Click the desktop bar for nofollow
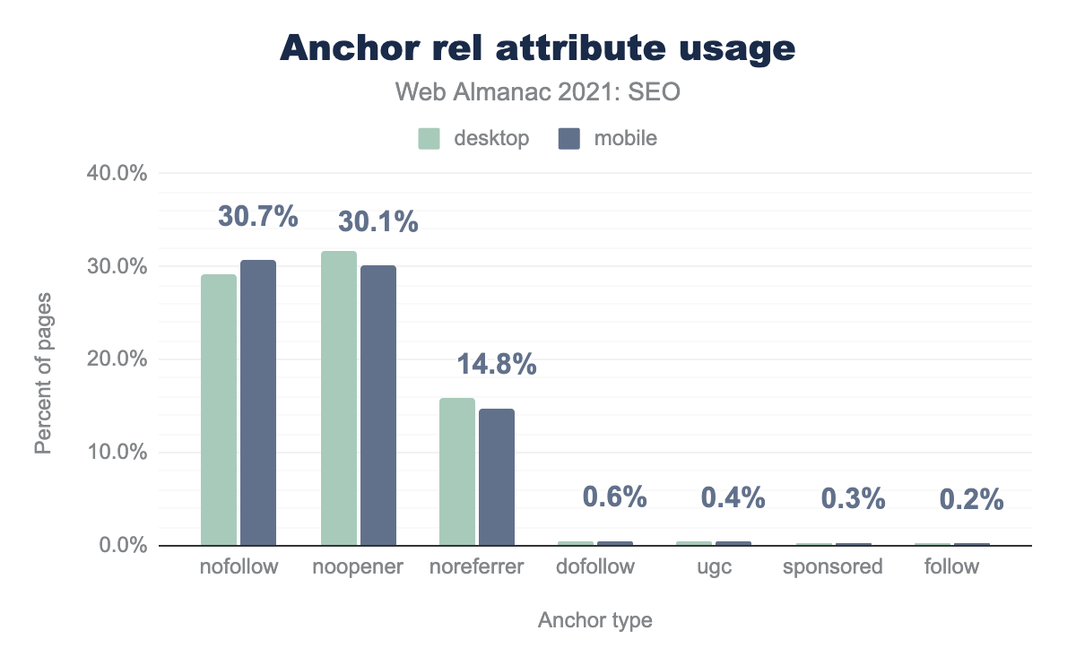219,410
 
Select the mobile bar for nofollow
258,402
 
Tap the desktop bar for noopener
339,398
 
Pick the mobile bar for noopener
377,405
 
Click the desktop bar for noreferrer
457,471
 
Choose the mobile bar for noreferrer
497,477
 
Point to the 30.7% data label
258,217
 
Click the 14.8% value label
497,365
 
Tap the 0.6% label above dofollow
615,497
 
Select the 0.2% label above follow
972,499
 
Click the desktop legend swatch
429,139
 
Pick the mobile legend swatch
568,139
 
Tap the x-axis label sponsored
833,567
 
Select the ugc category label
714,567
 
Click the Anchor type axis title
595,620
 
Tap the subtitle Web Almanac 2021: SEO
538,91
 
